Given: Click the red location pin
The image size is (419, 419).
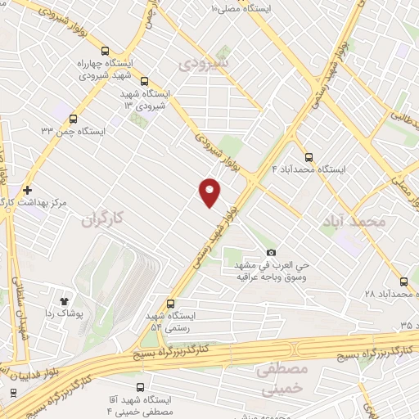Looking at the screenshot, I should (x=210, y=191).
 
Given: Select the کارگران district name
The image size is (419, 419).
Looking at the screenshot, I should (x=106, y=219).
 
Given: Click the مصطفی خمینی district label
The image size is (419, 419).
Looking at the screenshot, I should (x=282, y=378).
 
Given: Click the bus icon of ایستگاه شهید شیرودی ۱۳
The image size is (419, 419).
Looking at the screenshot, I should (x=145, y=82).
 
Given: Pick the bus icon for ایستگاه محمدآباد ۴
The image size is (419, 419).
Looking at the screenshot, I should (x=309, y=157).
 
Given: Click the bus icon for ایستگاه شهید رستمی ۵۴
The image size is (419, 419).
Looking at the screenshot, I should (x=170, y=303).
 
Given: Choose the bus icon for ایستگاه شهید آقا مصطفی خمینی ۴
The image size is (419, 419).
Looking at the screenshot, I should (x=140, y=386).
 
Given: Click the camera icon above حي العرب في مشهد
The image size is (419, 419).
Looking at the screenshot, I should (x=271, y=253).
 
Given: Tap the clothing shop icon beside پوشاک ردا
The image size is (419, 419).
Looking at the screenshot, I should (x=63, y=291).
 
